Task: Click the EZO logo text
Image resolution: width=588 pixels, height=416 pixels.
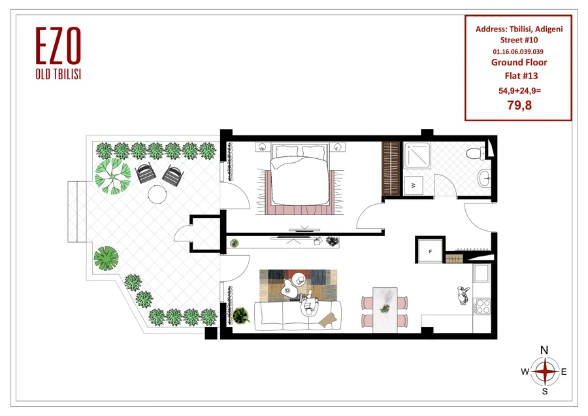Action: (59, 45)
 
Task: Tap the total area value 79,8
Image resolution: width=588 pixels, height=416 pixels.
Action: (519, 105)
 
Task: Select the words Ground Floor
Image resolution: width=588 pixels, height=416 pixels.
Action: (519, 62)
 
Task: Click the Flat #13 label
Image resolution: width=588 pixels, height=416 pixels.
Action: (521, 76)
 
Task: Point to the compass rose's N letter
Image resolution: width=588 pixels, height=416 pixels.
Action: (544, 351)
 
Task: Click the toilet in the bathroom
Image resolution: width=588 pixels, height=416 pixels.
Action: (476, 153)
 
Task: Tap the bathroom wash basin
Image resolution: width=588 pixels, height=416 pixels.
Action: (485, 177)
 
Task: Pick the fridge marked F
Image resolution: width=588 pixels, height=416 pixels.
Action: (430, 251)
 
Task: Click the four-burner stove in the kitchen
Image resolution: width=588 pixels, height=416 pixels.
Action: (482, 306)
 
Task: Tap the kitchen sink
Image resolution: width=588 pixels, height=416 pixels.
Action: (482, 273)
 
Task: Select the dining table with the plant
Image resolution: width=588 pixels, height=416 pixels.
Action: (385, 310)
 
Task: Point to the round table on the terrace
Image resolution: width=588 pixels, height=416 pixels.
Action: (157, 194)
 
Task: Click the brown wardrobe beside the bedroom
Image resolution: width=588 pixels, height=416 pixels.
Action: (391, 168)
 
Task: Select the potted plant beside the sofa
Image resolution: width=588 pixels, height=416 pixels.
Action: (240, 315)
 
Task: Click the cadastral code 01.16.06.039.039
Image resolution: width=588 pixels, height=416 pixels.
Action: (518, 52)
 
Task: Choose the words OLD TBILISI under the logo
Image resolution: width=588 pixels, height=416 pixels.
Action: (59, 75)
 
